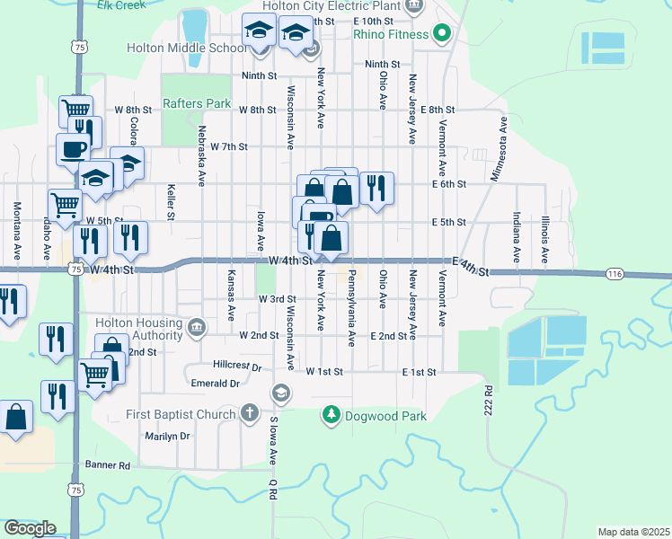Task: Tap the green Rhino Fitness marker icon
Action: coord(441,35)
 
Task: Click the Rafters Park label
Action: coord(197,103)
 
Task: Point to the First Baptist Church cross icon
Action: coord(251,413)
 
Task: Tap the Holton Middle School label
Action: coord(185,48)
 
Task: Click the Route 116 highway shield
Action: coord(615,273)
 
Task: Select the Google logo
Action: coord(30,528)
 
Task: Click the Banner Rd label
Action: coord(108,465)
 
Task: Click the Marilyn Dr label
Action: coord(168,436)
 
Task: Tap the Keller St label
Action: coord(170,202)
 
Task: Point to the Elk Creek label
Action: coord(123,4)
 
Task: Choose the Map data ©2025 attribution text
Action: coord(633,532)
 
